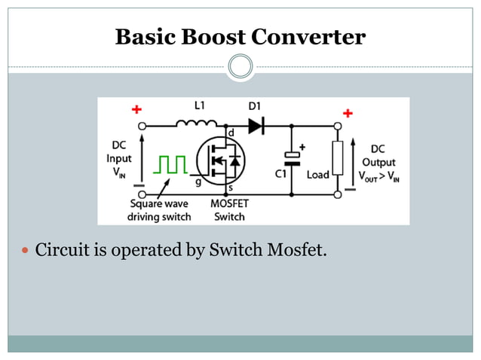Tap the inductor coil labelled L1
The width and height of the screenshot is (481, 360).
click(x=198, y=124)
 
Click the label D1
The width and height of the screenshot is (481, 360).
click(x=256, y=107)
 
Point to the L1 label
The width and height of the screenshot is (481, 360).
click(x=199, y=107)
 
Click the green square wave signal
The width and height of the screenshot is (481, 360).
click(x=171, y=165)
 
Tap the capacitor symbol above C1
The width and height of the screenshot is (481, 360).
click(x=292, y=158)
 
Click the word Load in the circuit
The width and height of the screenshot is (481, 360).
click(x=317, y=175)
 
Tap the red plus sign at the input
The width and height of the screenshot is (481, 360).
click(x=136, y=109)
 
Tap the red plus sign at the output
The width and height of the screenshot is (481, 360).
click(x=348, y=113)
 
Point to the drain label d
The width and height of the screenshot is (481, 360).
click(x=230, y=133)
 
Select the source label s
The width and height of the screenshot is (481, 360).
click(x=230, y=188)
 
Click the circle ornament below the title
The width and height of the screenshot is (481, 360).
click(x=240, y=66)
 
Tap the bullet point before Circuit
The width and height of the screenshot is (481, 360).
click(x=26, y=250)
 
